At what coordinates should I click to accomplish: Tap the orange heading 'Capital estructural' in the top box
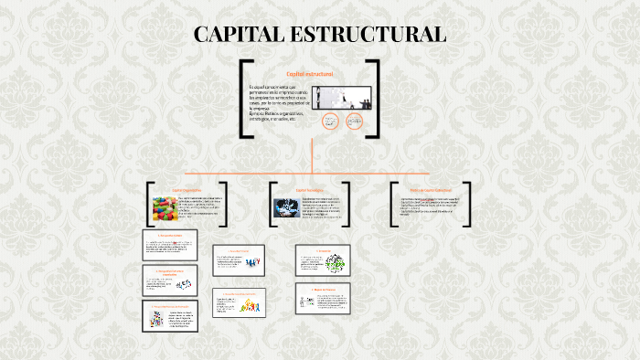(x=309, y=73)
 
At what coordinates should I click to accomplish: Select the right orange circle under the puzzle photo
(x=354, y=122)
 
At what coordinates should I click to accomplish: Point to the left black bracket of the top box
(x=244, y=98)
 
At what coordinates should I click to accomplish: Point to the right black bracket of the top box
(x=375, y=98)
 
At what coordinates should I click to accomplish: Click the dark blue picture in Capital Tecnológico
(x=284, y=209)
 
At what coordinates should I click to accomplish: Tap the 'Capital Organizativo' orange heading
(x=187, y=190)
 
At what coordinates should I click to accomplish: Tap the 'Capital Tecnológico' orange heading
(x=308, y=190)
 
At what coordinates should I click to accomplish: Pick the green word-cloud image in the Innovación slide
(x=335, y=262)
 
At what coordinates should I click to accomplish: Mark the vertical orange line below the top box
(x=313, y=155)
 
